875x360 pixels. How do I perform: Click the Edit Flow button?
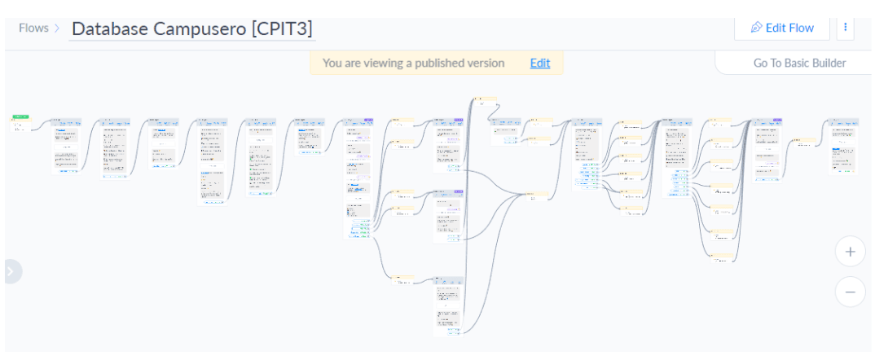[781, 28]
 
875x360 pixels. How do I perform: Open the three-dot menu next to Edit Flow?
[846, 28]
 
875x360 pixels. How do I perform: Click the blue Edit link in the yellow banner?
[539, 63]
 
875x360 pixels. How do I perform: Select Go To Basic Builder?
[799, 63]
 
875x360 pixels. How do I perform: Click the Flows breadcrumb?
[33, 28]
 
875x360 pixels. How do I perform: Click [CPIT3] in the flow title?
[282, 29]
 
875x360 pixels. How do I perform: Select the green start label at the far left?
[21, 117]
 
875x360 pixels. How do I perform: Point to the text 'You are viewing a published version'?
[413, 63]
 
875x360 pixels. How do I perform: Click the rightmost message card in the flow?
[843, 146]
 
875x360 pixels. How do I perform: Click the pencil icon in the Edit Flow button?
[756, 28]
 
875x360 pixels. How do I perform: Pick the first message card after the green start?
[66, 145]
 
